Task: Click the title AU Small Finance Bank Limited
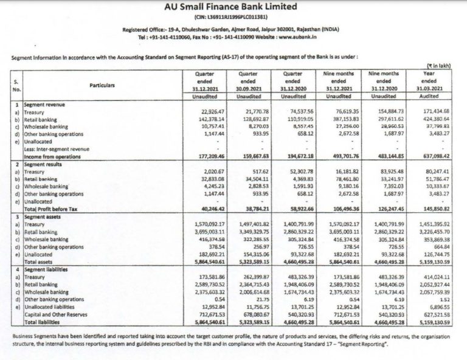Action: [x=233, y=8]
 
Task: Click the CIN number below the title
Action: [x=233, y=18]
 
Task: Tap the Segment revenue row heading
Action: [x=46, y=105]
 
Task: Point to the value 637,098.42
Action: [x=437, y=156]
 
